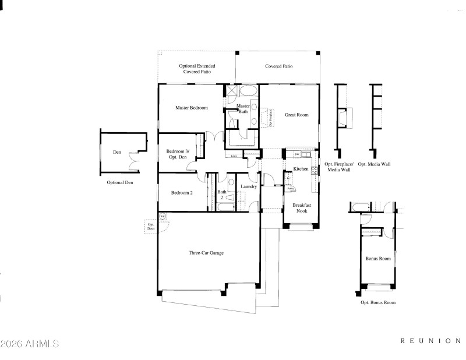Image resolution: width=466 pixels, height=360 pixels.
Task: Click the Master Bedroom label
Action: pos(192,108)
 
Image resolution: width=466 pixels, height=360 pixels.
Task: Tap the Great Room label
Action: pos(296,115)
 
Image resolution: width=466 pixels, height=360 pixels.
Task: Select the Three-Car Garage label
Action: pos(206,253)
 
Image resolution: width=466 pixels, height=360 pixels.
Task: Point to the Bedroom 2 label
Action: pos(182,192)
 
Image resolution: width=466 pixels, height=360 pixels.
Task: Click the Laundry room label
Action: pos(249,186)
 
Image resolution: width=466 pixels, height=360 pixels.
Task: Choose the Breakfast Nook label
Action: pos(301,208)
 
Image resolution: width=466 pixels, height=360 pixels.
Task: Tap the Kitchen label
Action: pos(301,169)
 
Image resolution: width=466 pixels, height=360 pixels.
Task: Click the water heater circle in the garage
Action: pos(163,217)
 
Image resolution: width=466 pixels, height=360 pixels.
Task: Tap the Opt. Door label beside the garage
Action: pos(150,227)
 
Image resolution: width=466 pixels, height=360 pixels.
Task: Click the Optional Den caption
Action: pos(121,182)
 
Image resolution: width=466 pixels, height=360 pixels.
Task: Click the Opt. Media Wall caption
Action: pos(374,164)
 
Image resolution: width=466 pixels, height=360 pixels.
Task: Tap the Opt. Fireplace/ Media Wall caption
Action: pos(337,167)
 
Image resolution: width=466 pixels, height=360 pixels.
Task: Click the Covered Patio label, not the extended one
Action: pos(278,66)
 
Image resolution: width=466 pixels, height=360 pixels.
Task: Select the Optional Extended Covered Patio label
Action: pos(197,69)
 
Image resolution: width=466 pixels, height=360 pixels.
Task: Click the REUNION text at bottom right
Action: pos(430,340)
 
